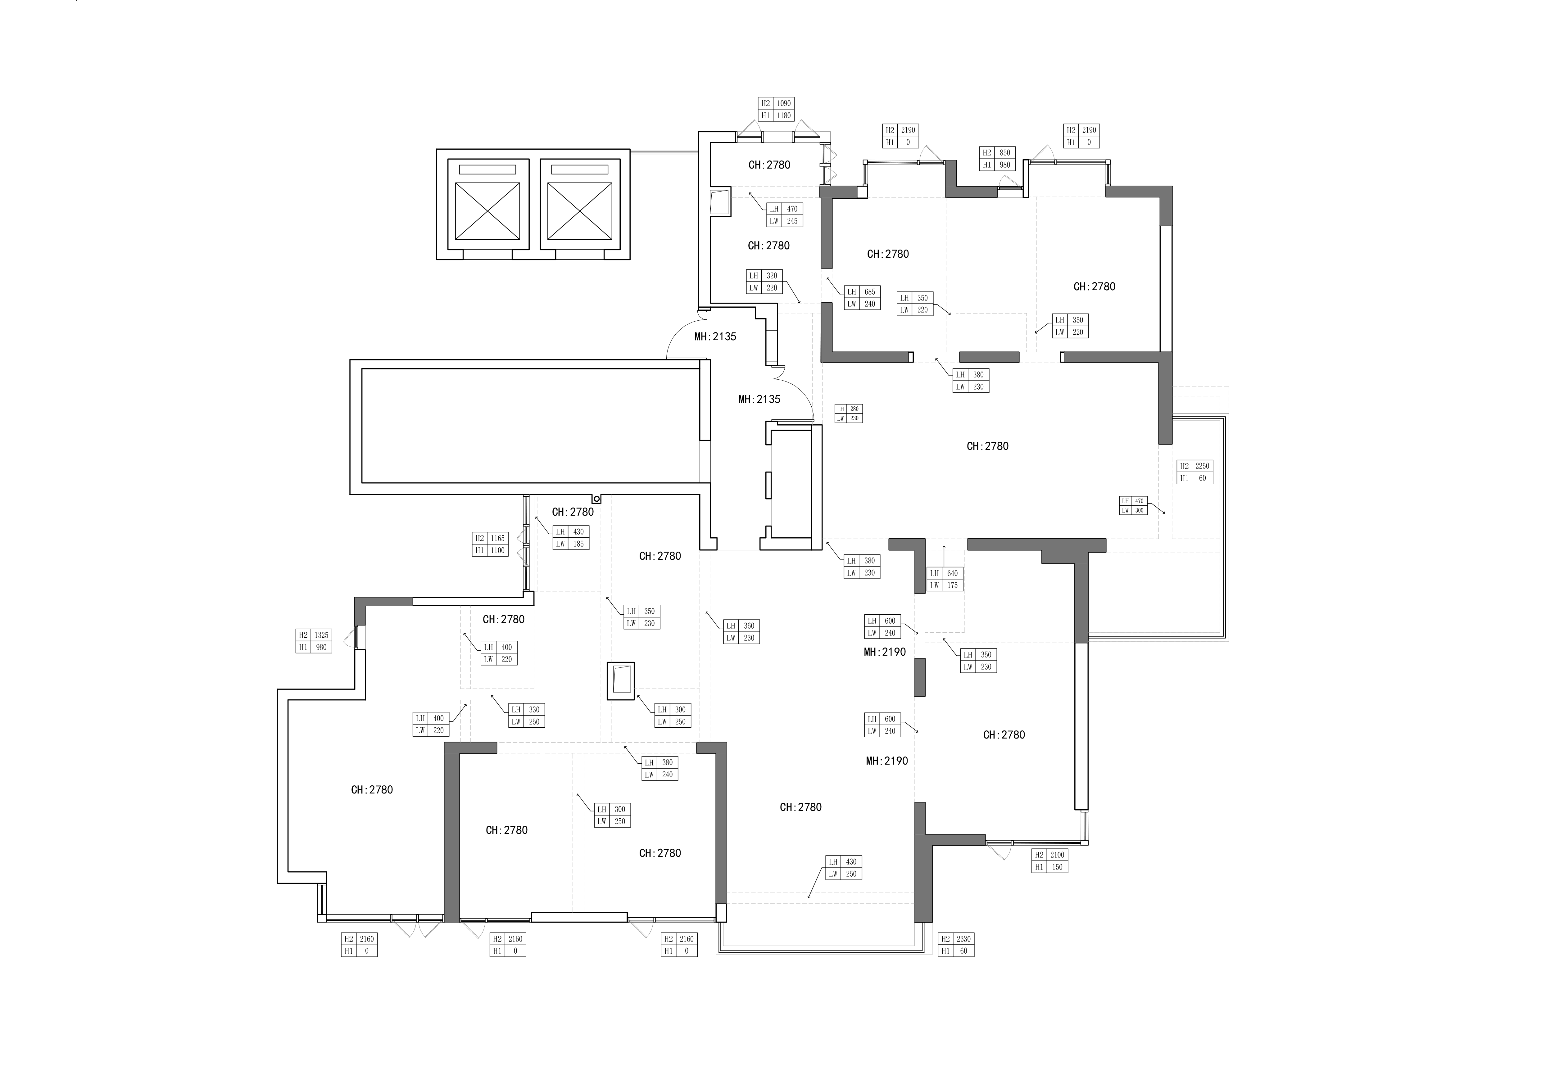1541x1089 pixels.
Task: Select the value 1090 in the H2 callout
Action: (784, 103)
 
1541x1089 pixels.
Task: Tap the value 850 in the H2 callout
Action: (1005, 153)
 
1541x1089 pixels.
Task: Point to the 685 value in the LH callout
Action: (870, 292)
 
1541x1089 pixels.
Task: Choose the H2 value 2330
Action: (963, 939)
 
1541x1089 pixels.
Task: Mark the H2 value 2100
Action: (1057, 855)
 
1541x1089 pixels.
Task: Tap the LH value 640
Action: (952, 573)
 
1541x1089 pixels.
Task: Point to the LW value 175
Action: (952, 585)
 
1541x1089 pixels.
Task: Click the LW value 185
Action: (578, 544)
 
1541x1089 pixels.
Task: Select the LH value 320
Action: (772, 276)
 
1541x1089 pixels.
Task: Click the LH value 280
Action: (854, 409)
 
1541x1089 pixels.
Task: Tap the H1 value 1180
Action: (784, 115)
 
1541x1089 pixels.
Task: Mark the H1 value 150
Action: (1057, 867)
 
